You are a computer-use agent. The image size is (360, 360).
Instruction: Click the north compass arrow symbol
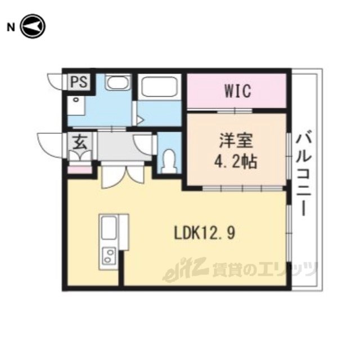33,26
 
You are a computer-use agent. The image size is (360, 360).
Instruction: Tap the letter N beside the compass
11,28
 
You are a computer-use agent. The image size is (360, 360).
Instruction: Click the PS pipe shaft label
79,82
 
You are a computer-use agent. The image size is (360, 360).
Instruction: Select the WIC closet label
237,91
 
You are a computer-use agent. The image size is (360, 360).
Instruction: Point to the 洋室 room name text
236,141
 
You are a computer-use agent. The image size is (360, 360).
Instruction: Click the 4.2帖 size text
236,162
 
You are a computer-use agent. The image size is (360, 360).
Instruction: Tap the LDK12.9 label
205,233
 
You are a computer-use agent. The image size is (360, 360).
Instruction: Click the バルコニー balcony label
304,173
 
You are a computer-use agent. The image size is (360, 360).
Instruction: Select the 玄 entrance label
80,142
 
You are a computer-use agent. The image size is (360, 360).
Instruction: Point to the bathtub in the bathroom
160,86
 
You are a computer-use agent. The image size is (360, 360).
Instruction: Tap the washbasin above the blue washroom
118,83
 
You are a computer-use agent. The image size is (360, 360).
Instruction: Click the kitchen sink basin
109,228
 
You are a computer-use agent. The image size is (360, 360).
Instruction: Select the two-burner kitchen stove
109,256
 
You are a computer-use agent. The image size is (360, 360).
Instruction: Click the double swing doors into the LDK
123,175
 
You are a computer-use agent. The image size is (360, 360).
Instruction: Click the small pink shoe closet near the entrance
79,170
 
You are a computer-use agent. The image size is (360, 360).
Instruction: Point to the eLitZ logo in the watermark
185,269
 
